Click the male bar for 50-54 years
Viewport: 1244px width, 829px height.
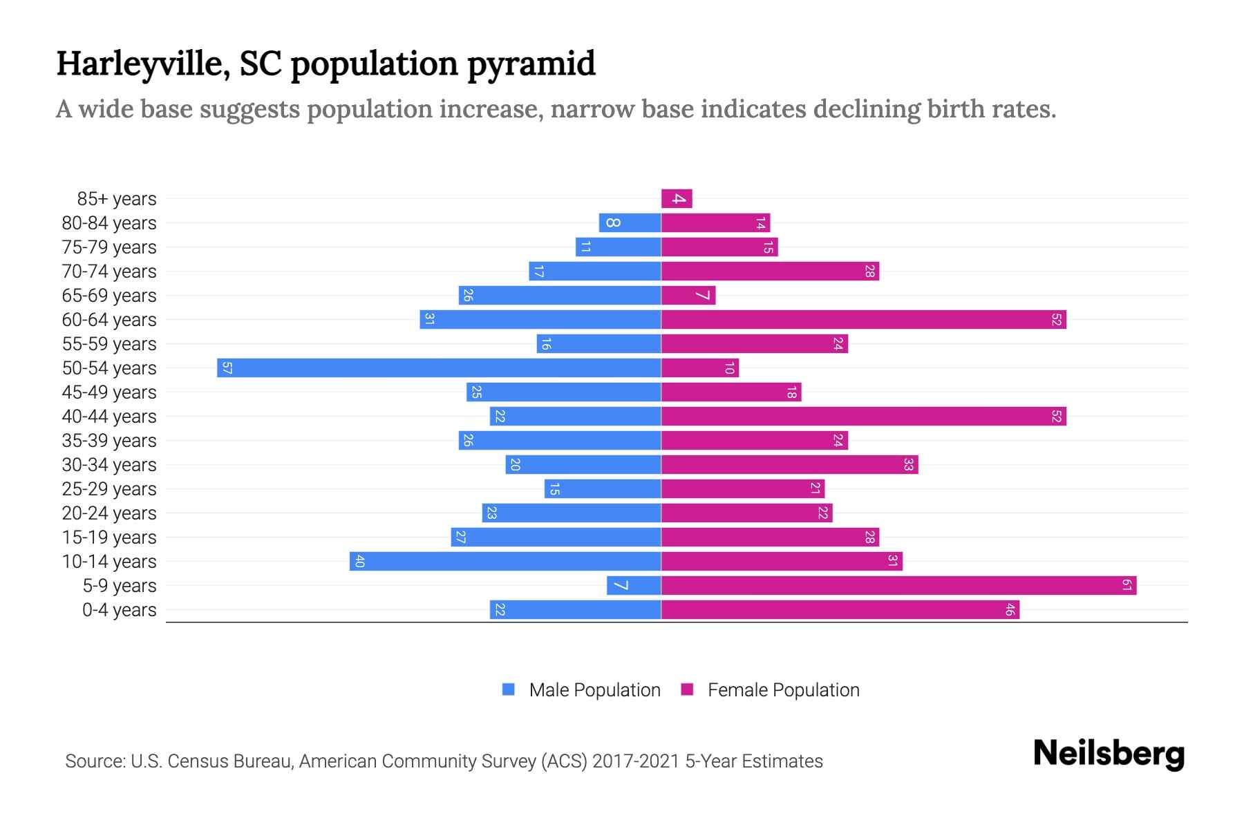(439, 368)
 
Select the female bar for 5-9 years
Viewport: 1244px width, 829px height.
(898, 586)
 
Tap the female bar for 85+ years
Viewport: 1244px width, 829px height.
(677, 199)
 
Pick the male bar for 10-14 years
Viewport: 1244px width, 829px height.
(505, 562)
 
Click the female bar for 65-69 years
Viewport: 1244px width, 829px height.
(688, 296)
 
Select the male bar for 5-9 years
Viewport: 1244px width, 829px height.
(634, 586)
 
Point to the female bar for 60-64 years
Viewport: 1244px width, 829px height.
(863, 320)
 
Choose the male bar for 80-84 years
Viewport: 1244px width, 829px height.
(630, 223)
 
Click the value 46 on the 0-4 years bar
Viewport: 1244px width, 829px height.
(1010, 610)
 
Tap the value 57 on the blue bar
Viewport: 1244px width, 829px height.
(227, 368)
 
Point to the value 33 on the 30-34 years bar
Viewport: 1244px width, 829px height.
(908, 465)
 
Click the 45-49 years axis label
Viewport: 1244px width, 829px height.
(109, 392)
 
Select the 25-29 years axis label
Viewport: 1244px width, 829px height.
(109, 489)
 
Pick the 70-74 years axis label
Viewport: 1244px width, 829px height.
(109, 271)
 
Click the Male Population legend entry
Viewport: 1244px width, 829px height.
(594, 690)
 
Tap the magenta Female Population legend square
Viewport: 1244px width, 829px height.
(687, 689)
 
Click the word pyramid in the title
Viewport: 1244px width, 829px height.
(531, 64)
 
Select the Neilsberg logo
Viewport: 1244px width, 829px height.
(1109, 754)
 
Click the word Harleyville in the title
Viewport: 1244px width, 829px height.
(143, 64)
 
